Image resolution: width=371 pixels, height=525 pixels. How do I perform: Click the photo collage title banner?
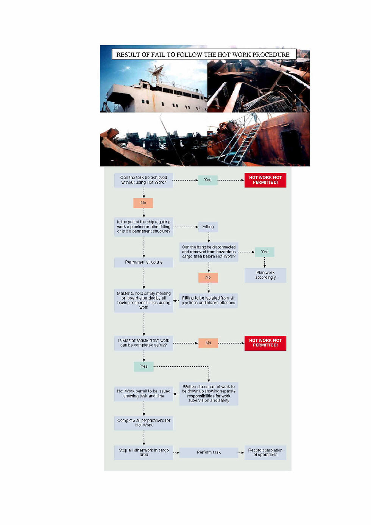[x=203, y=55]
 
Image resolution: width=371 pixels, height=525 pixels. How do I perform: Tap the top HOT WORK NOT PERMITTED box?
[x=265, y=180]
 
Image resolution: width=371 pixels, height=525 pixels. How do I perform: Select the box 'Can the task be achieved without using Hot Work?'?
[x=143, y=180]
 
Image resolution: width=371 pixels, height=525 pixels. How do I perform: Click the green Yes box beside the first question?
[x=207, y=180]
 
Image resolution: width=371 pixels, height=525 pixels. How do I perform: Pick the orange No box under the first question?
[x=143, y=203]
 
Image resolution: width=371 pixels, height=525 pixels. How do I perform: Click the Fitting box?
[x=208, y=227]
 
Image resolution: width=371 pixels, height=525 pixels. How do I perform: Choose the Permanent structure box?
[x=143, y=262]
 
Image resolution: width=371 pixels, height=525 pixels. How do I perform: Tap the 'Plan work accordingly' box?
[x=265, y=275]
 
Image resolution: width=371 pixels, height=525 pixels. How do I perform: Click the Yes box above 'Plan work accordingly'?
[x=264, y=252]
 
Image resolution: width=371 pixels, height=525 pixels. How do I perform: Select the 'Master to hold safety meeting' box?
[x=143, y=300]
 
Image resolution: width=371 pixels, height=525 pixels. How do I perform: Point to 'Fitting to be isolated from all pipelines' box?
[x=208, y=300]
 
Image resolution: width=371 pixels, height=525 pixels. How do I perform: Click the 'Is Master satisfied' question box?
[x=143, y=343]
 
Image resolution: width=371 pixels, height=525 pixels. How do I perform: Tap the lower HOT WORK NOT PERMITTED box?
[x=265, y=343]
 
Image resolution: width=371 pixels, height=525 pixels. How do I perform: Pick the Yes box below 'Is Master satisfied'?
[x=144, y=366]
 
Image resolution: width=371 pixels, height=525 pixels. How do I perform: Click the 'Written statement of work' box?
[x=209, y=394]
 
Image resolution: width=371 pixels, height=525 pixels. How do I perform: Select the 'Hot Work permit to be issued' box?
[x=143, y=394]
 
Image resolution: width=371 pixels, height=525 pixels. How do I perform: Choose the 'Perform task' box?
[x=209, y=452]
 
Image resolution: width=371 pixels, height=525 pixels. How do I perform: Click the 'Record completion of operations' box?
[x=265, y=452]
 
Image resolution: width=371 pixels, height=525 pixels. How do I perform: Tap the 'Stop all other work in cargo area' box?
[x=143, y=452]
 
